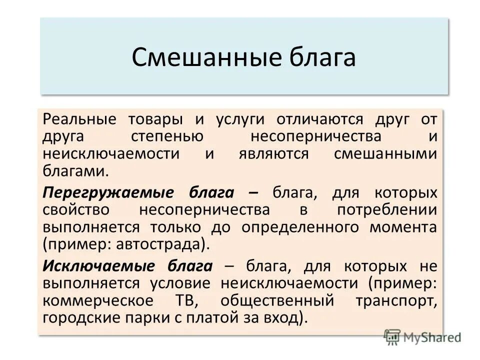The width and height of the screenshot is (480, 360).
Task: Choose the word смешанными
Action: (x=385, y=153)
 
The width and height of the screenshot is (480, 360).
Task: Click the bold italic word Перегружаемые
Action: (x=108, y=193)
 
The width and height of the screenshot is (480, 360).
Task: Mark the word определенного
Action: (x=303, y=227)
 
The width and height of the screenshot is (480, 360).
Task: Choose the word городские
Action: (x=79, y=318)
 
